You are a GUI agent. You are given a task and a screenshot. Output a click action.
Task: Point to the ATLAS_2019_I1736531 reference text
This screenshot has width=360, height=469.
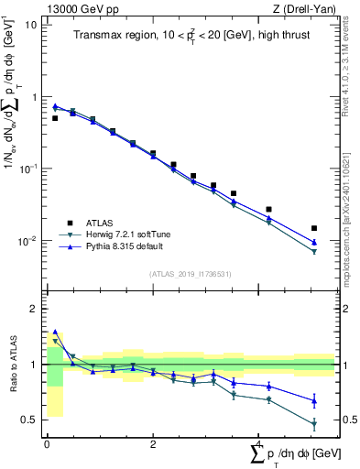190,273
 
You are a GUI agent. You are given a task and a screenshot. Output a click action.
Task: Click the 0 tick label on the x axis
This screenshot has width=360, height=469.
47,445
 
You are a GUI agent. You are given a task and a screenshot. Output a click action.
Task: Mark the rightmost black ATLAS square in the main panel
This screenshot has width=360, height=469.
314,228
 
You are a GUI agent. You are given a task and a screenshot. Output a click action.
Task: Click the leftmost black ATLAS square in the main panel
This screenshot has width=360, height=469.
55,118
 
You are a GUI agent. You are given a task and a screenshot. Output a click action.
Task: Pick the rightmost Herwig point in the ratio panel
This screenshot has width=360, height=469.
314,424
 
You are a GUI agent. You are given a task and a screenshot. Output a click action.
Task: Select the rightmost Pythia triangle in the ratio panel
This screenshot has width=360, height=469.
314,400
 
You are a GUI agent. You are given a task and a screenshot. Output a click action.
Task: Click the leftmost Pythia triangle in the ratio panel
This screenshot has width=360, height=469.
55,332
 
